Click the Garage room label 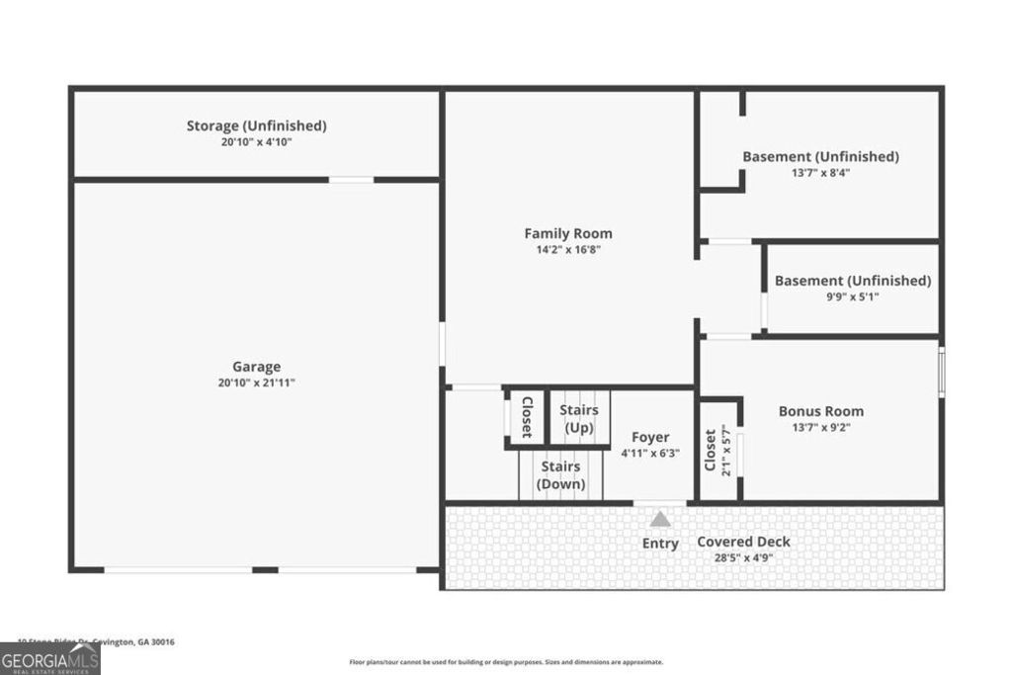click(256, 366)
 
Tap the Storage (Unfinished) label click(256, 126)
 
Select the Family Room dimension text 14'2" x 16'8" click(567, 250)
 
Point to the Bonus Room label click(820, 411)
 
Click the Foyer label click(649, 437)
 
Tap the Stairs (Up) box click(578, 418)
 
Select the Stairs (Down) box click(559, 475)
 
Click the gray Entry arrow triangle click(659, 518)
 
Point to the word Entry click(660, 544)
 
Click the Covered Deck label click(743, 542)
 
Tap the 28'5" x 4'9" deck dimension click(743, 557)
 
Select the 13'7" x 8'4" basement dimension click(820, 172)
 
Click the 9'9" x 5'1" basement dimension click(852, 296)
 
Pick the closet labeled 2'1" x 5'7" click(719, 451)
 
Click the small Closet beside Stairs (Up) click(526, 417)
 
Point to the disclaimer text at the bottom click(506, 662)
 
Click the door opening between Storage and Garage click(351, 180)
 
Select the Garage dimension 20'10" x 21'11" click(256, 382)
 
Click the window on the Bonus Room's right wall click(941, 372)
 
